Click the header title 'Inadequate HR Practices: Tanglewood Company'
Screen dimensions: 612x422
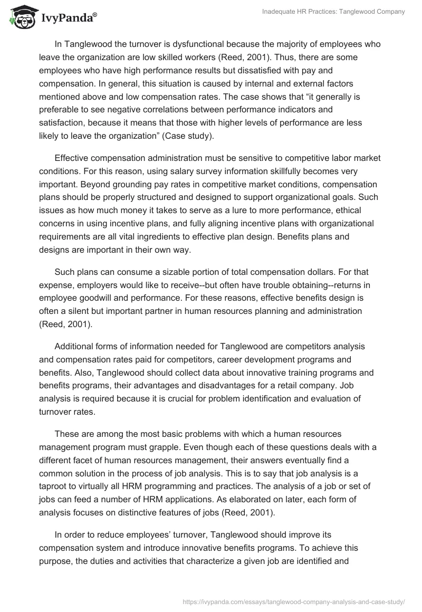tap(327, 12)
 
